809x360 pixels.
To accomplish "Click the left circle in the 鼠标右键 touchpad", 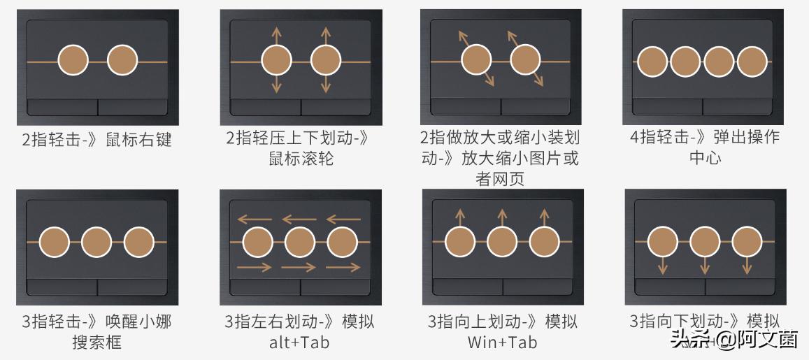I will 73,61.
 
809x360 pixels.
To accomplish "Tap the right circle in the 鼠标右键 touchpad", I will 122,61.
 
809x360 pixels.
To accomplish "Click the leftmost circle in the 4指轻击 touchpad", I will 653,62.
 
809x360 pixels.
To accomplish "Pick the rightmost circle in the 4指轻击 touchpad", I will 752,62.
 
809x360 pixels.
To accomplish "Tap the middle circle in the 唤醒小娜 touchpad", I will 96,242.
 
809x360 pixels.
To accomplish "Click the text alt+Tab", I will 299,343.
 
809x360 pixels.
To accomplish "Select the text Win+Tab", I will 503,343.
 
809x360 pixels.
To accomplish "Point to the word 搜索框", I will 96,343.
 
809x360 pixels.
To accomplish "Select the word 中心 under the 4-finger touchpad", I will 705,158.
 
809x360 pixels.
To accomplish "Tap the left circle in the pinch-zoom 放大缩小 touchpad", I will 476,59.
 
